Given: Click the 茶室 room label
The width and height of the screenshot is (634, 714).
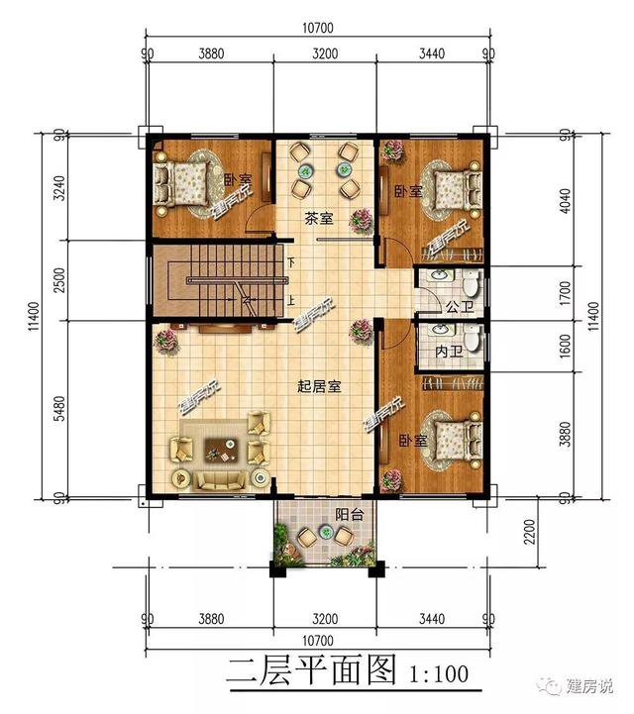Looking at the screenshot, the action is [319, 219].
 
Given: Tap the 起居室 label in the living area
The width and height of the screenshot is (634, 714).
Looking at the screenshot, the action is [319, 386].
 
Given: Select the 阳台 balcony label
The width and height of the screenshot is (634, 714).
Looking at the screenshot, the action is [350, 515].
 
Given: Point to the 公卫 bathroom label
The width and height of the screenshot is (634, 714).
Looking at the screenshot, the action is [460, 306].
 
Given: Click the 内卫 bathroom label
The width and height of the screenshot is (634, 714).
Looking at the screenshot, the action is [449, 352].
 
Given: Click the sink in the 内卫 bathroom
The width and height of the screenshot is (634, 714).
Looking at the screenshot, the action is [440, 330].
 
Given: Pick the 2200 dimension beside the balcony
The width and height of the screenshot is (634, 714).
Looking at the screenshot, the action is [529, 532].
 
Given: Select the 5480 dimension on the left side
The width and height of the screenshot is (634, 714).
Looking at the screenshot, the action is [59, 409].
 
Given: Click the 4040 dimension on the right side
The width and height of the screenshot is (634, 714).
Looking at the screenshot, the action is [565, 201].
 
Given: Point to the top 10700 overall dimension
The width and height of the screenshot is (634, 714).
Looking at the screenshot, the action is [318, 28].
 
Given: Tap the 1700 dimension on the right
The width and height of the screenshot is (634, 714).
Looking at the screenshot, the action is [565, 294].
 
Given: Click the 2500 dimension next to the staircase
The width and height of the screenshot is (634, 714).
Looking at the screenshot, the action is [59, 280].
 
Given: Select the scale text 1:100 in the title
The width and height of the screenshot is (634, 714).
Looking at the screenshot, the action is [439, 674].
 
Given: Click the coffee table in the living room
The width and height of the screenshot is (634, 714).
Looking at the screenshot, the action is [221, 449].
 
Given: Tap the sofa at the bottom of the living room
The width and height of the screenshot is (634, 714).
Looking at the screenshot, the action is [221, 480].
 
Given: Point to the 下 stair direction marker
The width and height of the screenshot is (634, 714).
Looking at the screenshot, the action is [291, 262].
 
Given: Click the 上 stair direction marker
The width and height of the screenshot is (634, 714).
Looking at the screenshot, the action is [291, 300].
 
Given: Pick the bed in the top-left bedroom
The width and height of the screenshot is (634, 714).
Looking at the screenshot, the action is [181, 184].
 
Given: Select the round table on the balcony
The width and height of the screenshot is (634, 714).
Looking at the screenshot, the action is [325, 532].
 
